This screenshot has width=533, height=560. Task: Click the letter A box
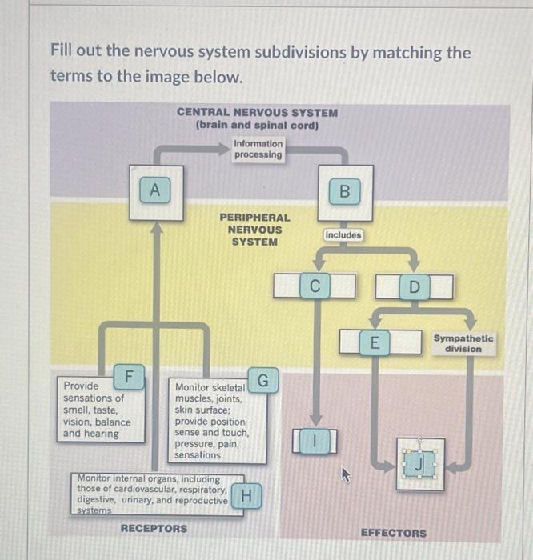(x=156, y=190)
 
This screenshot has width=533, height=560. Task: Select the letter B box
(x=344, y=191)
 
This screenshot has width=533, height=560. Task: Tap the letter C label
(x=315, y=286)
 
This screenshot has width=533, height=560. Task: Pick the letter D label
(x=414, y=286)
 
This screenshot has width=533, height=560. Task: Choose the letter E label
(x=373, y=343)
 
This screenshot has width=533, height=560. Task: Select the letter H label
(x=247, y=496)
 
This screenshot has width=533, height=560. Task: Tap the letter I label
(x=316, y=441)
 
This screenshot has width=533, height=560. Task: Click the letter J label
(x=420, y=463)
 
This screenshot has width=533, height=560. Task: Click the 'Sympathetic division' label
(x=463, y=343)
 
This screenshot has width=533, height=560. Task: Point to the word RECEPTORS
(x=154, y=529)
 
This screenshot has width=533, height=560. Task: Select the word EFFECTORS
(x=393, y=533)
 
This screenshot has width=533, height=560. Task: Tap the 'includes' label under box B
(x=343, y=235)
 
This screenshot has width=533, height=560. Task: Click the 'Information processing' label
(x=258, y=149)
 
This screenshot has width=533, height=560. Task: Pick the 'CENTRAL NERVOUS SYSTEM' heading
(x=257, y=113)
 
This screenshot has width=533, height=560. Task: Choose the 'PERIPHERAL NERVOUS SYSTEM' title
(x=254, y=230)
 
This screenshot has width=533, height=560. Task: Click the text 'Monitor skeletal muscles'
(x=210, y=393)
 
